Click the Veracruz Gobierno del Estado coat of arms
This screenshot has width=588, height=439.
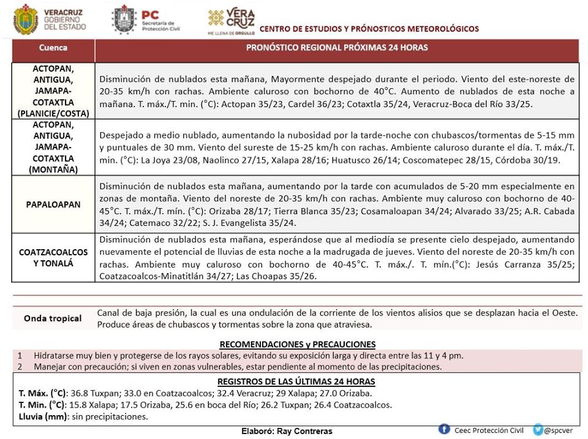(25, 19)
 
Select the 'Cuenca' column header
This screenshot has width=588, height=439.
(53, 48)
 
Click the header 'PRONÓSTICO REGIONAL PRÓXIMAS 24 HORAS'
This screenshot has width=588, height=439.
(337, 48)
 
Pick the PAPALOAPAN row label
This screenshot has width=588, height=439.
(53, 204)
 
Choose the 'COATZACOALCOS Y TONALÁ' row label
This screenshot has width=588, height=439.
(53, 258)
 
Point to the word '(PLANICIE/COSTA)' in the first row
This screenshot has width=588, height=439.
(53, 113)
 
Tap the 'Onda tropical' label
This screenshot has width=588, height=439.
(53, 318)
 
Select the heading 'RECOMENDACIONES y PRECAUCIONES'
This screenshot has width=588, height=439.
(298, 344)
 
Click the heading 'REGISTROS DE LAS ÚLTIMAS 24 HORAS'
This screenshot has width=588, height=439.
(296, 381)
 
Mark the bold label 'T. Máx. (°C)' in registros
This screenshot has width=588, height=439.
(42, 393)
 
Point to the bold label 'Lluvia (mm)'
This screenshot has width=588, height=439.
(42, 417)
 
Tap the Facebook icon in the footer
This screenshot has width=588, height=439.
(445, 429)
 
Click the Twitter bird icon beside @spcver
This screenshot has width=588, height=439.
(538, 430)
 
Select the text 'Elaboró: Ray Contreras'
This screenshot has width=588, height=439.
(287, 431)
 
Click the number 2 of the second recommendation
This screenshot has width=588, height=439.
(20, 367)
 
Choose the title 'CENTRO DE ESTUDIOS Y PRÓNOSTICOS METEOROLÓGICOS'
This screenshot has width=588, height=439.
(369, 29)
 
